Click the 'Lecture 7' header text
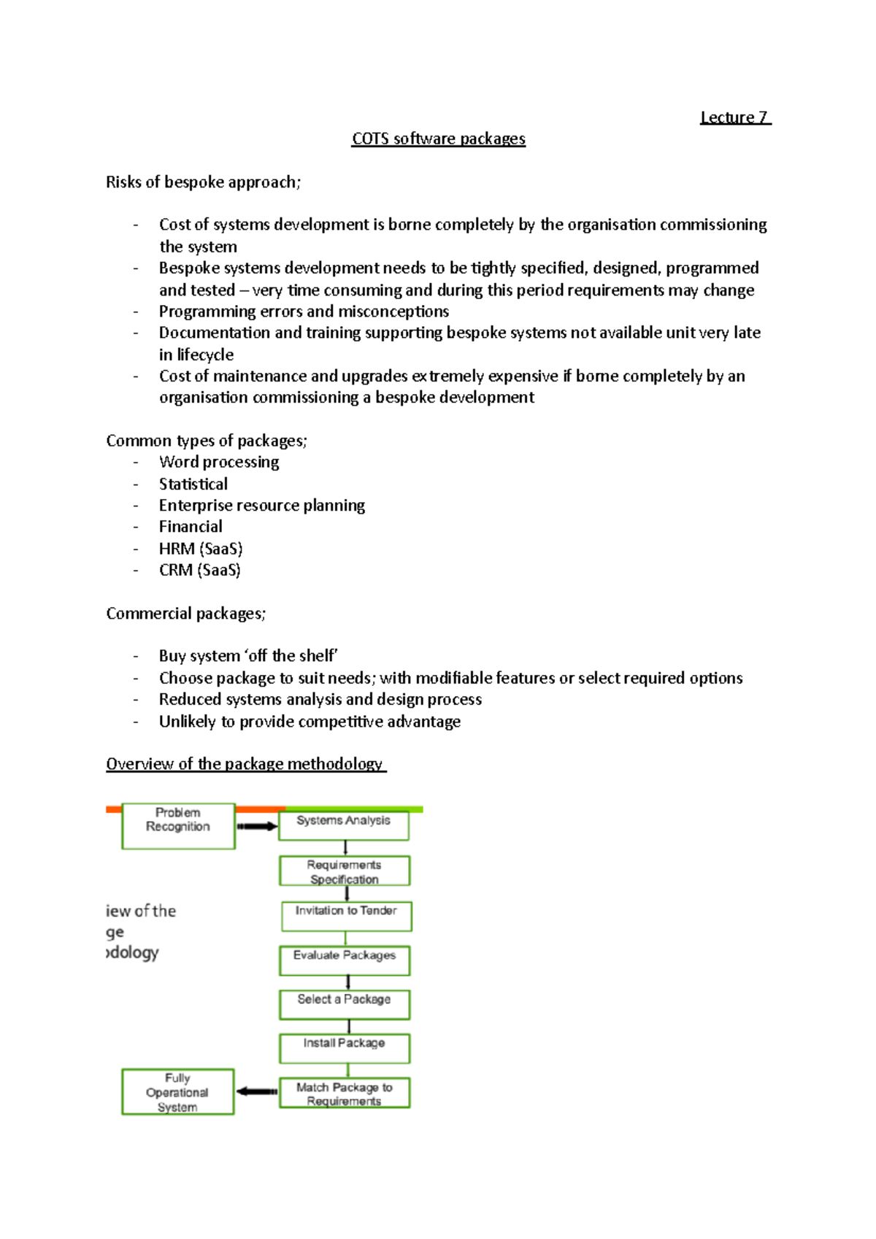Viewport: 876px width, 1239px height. [x=734, y=117]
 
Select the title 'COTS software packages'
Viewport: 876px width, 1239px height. [x=438, y=139]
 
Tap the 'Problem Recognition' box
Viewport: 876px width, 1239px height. [x=178, y=826]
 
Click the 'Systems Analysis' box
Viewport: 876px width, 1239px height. [x=344, y=825]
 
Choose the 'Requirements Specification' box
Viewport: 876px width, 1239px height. [x=345, y=871]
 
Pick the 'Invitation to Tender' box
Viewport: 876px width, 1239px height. [x=346, y=916]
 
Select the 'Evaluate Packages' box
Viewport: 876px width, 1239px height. [x=345, y=960]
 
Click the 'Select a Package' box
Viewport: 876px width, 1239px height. [x=345, y=1004]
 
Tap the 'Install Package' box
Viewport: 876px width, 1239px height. [x=345, y=1048]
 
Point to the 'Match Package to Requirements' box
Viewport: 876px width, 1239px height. [x=345, y=1093]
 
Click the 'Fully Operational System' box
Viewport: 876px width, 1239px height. [x=177, y=1092]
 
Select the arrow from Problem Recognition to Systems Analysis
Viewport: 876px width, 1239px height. [x=257, y=827]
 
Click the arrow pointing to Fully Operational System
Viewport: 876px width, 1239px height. [x=257, y=1092]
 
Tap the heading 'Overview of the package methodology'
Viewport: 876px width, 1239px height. [x=245, y=764]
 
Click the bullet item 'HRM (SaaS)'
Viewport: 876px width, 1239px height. [x=201, y=549]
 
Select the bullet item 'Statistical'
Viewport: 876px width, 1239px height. [x=193, y=485]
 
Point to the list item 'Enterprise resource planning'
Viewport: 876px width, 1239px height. [x=262, y=506]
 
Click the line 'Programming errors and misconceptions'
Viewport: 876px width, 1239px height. [x=304, y=312]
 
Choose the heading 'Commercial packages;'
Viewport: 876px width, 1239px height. [x=185, y=614]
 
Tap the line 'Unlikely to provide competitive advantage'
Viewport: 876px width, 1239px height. [x=310, y=722]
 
